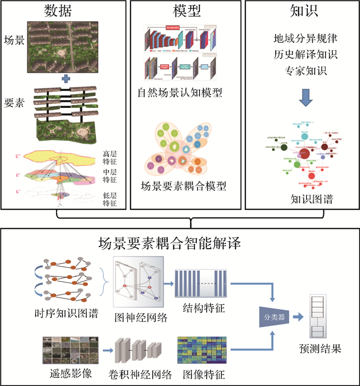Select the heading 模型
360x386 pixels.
click(186, 11)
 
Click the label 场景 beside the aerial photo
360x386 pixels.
click(14, 40)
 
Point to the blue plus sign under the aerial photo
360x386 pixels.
click(65, 79)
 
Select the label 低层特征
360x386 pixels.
click(110, 199)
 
